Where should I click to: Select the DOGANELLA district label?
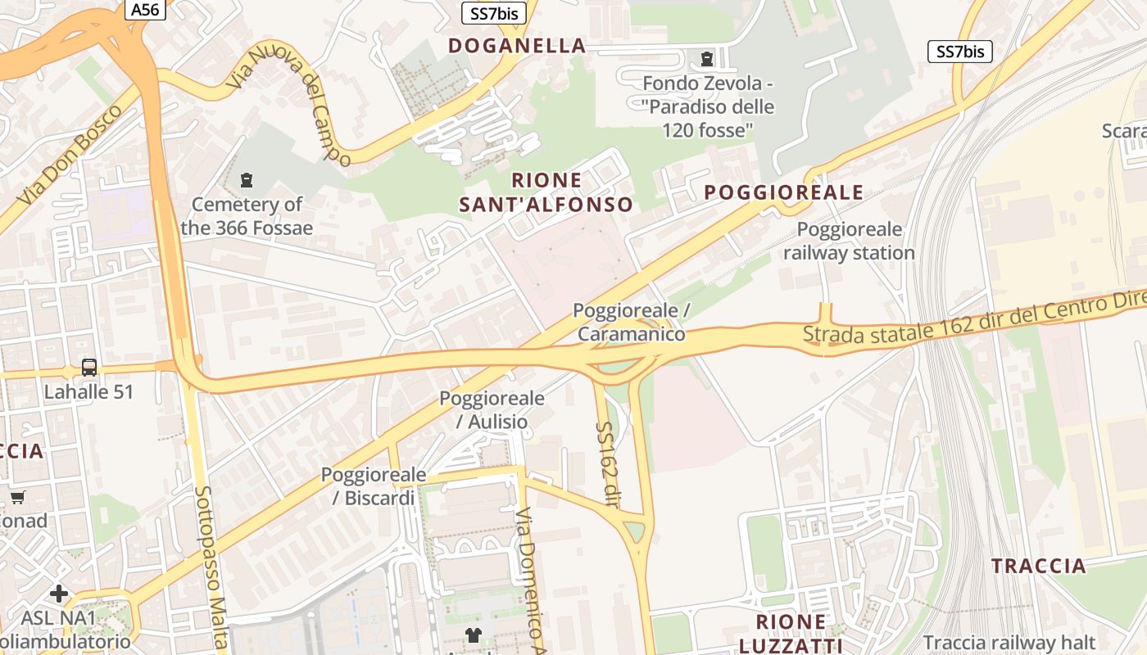(x=517, y=46)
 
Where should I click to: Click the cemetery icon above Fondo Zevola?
(x=707, y=59)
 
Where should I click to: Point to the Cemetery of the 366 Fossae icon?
(x=247, y=180)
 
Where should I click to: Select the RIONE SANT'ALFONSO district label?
(x=546, y=192)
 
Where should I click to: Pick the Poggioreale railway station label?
(x=849, y=241)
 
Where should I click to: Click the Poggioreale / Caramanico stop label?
(x=631, y=322)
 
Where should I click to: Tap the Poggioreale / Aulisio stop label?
(x=492, y=410)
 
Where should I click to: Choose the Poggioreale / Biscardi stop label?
(x=374, y=486)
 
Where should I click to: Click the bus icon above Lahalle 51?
(x=89, y=368)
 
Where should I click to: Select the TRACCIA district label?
(x=1038, y=566)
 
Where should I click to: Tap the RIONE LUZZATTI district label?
(x=791, y=633)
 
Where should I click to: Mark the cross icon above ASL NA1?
(x=59, y=593)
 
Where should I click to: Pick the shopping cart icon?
(x=17, y=496)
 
